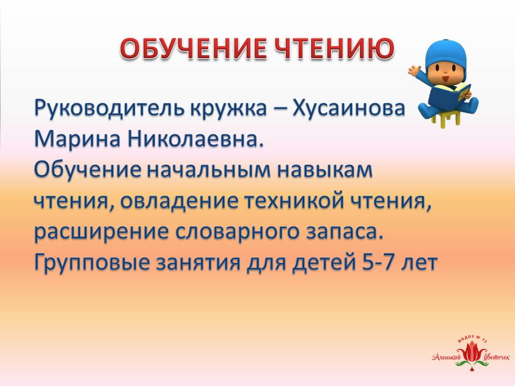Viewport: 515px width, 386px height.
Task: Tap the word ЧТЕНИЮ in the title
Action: click(x=334, y=49)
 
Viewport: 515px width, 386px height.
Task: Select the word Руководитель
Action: click(x=109, y=109)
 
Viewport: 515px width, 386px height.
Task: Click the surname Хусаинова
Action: click(x=348, y=108)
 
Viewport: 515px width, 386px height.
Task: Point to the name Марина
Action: click(x=78, y=140)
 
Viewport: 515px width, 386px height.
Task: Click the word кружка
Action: click(x=229, y=109)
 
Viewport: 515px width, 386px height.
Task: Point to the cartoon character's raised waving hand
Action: click(x=415, y=70)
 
